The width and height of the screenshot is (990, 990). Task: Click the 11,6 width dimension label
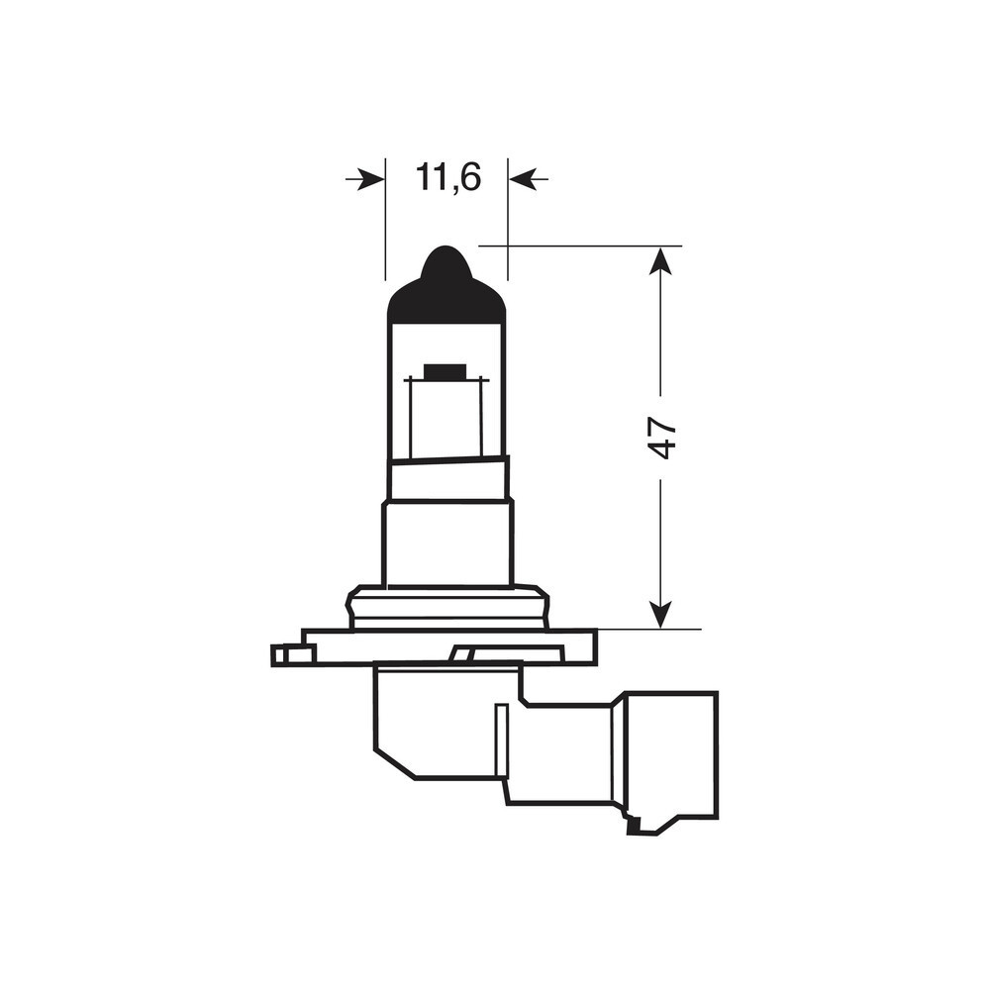[x=448, y=177]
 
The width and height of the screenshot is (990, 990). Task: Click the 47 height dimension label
[x=661, y=437]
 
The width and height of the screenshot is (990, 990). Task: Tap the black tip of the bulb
[x=446, y=284]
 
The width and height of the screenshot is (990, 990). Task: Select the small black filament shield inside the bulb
[x=445, y=371]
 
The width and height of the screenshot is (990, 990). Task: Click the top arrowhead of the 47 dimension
[x=660, y=259]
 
